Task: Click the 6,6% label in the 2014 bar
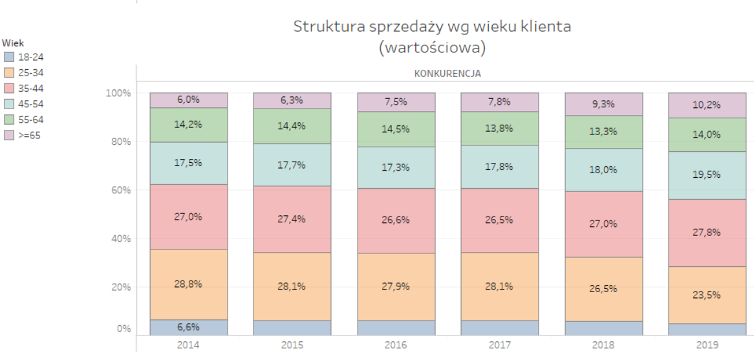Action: click(x=188, y=328)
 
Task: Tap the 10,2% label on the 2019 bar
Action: click(x=707, y=105)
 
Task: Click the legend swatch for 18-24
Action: click(x=8, y=58)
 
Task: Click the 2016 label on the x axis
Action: click(x=396, y=345)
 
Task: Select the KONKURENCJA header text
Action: click(x=447, y=73)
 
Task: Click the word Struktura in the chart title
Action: click(x=324, y=27)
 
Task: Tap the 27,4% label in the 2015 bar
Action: click(x=292, y=218)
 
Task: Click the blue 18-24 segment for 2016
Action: click(x=396, y=328)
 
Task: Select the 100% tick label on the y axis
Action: click(x=118, y=93)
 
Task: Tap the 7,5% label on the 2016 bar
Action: click(x=396, y=101)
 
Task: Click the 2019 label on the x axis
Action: click(x=707, y=345)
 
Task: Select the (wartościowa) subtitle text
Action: click(x=432, y=47)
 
